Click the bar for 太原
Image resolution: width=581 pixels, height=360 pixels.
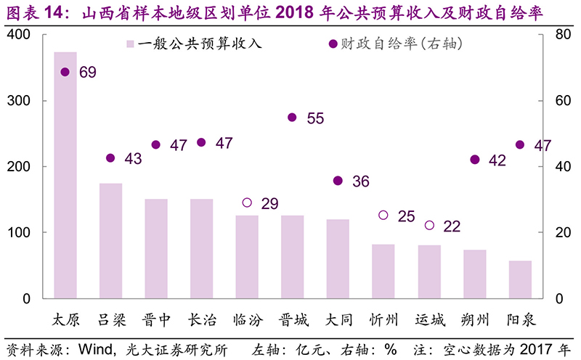click(65, 175)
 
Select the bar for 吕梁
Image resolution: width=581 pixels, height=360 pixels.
click(110, 240)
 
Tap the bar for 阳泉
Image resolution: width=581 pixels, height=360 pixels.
click(520, 279)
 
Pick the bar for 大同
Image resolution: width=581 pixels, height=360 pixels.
click(338, 258)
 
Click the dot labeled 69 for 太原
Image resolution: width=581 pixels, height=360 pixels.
click(65, 72)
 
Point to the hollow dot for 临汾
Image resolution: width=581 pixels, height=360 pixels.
click(247, 202)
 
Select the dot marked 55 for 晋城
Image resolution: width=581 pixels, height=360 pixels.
click(292, 117)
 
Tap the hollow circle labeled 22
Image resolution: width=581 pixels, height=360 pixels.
click(429, 226)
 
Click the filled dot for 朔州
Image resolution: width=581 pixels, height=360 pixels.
click(475, 160)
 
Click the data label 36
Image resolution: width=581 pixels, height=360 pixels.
click(361, 181)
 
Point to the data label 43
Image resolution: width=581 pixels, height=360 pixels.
click(134, 159)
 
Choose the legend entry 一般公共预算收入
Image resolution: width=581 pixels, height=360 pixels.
click(193, 44)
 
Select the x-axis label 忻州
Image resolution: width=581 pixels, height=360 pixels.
click(383, 320)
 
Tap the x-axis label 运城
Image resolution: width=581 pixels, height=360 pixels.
click(429, 320)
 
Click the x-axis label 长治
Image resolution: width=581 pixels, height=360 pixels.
click(201, 320)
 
